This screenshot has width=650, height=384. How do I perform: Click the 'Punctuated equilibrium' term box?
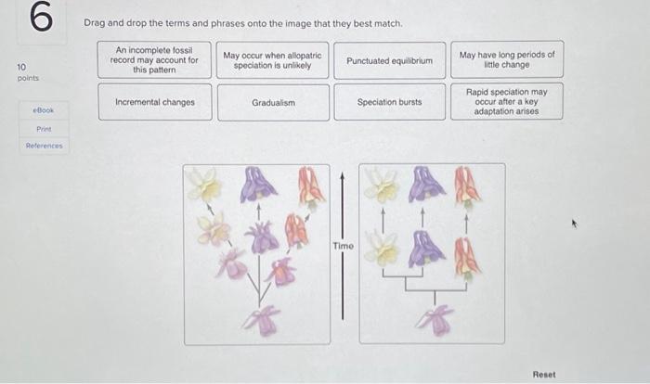click(390, 60)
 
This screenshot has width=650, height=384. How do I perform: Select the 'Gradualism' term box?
click(274, 103)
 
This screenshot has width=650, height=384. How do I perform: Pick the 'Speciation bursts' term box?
click(390, 102)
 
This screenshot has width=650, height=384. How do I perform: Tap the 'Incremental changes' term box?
click(155, 102)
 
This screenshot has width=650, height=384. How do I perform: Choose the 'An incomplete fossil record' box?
click(154, 59)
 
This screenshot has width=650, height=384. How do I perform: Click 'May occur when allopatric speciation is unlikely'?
click(272, 60)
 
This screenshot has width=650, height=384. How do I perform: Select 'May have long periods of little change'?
click(507, 59)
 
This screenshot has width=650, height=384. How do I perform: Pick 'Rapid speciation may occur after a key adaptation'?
click(507, 101)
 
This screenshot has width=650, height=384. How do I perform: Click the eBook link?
click(44, 110)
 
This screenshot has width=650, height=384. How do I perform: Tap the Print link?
click(44, 129)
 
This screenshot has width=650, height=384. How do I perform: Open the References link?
click(44, 146)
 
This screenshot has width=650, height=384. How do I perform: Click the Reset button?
click(544, 375)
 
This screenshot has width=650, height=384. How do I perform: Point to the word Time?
click(343, 246)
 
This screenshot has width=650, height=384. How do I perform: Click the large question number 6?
click(42, 17)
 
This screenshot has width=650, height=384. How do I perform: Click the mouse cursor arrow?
click(574, 224)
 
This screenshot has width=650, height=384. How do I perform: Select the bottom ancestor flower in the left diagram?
click(262, 320)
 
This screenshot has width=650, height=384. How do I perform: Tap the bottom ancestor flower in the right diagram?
click(435, 319)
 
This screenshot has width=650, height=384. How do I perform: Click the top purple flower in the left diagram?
click(258, 184)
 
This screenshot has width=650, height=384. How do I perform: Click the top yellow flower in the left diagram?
click(203, 184)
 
